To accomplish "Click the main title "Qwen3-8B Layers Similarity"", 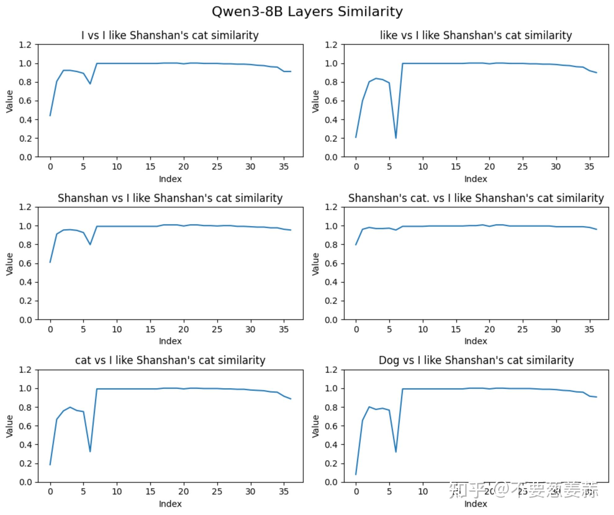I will tap(307, 12).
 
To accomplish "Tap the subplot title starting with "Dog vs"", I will tap(476, 360).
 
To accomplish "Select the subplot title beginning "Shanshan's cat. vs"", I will tap(476, 198).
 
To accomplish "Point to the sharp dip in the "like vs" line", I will tap(396, 138).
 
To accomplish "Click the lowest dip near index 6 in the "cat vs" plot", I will tap(90, 451).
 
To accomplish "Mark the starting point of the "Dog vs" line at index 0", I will tap(356, 474).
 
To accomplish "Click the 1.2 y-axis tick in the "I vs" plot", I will tap(25, 45).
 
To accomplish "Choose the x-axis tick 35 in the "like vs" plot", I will tap(589, 167).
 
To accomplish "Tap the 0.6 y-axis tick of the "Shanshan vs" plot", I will tap(25, 263).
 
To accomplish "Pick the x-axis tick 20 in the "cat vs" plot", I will tap(183, 492).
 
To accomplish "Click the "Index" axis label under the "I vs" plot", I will tap(170, 179).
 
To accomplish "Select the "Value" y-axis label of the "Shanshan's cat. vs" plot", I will tap(315, 264).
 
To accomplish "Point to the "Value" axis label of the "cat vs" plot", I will tap(9, 426).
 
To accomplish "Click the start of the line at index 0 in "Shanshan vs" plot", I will tap(50, 262).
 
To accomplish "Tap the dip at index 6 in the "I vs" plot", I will tap(90, 84).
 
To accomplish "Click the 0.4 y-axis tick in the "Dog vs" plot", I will tap(331, 445).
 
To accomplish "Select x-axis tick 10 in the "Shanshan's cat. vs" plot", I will tap(423, 329).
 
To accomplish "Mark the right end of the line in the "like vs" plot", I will tap(597, 73).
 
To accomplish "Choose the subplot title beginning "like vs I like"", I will tap(476, 35).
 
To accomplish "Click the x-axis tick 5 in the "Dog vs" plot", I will tap(389, 492).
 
